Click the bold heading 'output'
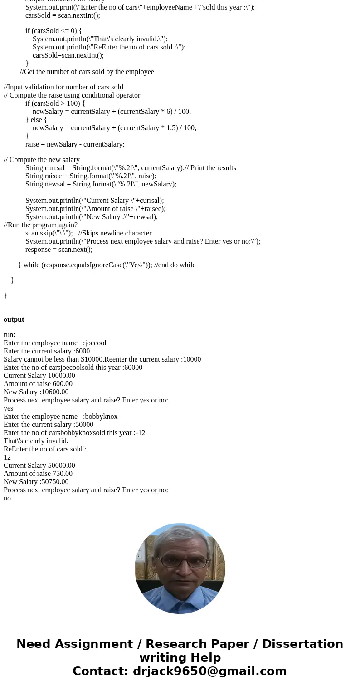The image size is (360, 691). [14, 319]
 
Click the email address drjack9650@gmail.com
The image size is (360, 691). [209, 671]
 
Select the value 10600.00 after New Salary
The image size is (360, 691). [55, 392]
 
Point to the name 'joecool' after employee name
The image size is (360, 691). [95, 343]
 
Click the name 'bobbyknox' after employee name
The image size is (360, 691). [101, 417]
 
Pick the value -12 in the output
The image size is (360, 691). [140, 433]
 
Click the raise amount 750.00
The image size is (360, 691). [63, 474]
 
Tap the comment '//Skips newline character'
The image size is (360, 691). [115, 233]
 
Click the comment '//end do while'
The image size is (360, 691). [175, 265]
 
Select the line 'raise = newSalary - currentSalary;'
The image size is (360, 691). [75, 144]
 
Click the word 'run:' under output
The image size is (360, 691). [9, 335]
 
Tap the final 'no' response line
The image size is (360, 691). [7, 498]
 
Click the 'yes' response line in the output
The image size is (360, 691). [8, 408]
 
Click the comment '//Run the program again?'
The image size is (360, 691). [41, 225]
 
